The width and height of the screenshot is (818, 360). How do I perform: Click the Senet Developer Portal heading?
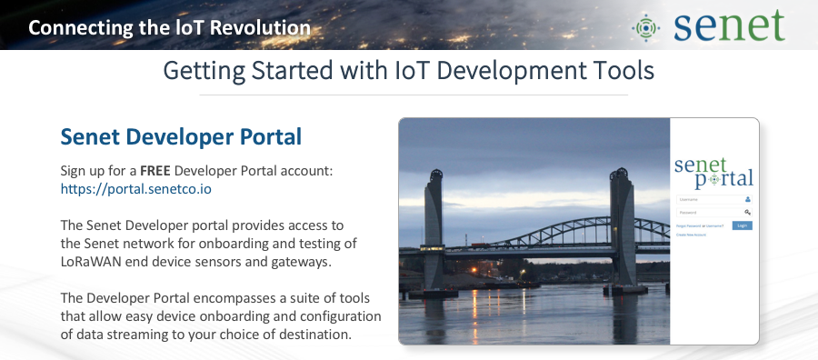181,137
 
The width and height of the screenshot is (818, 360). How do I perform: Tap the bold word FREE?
155,171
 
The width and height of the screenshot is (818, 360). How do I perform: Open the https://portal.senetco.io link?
136,189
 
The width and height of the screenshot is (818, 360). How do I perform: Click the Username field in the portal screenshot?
709,198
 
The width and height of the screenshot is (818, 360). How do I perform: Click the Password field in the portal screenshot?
709,212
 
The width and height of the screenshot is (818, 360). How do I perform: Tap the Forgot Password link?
689,225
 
